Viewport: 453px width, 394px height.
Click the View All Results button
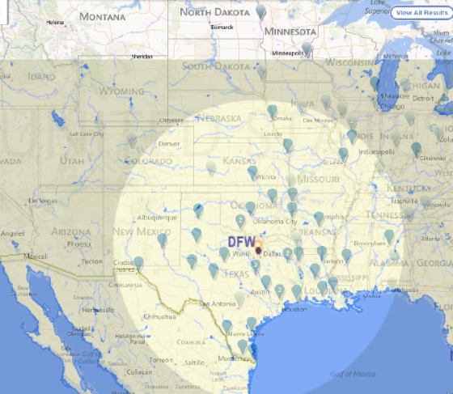coord(419,14)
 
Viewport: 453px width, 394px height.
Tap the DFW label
coord(240,242)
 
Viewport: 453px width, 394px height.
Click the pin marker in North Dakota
coord(260,11)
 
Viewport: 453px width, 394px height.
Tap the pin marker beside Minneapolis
coord(307,49)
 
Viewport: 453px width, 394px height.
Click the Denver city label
coord(169,144)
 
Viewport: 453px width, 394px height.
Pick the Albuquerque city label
coord(156,217)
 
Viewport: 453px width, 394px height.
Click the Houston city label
coord(294,309)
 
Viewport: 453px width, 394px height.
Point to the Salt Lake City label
coord(86,134)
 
